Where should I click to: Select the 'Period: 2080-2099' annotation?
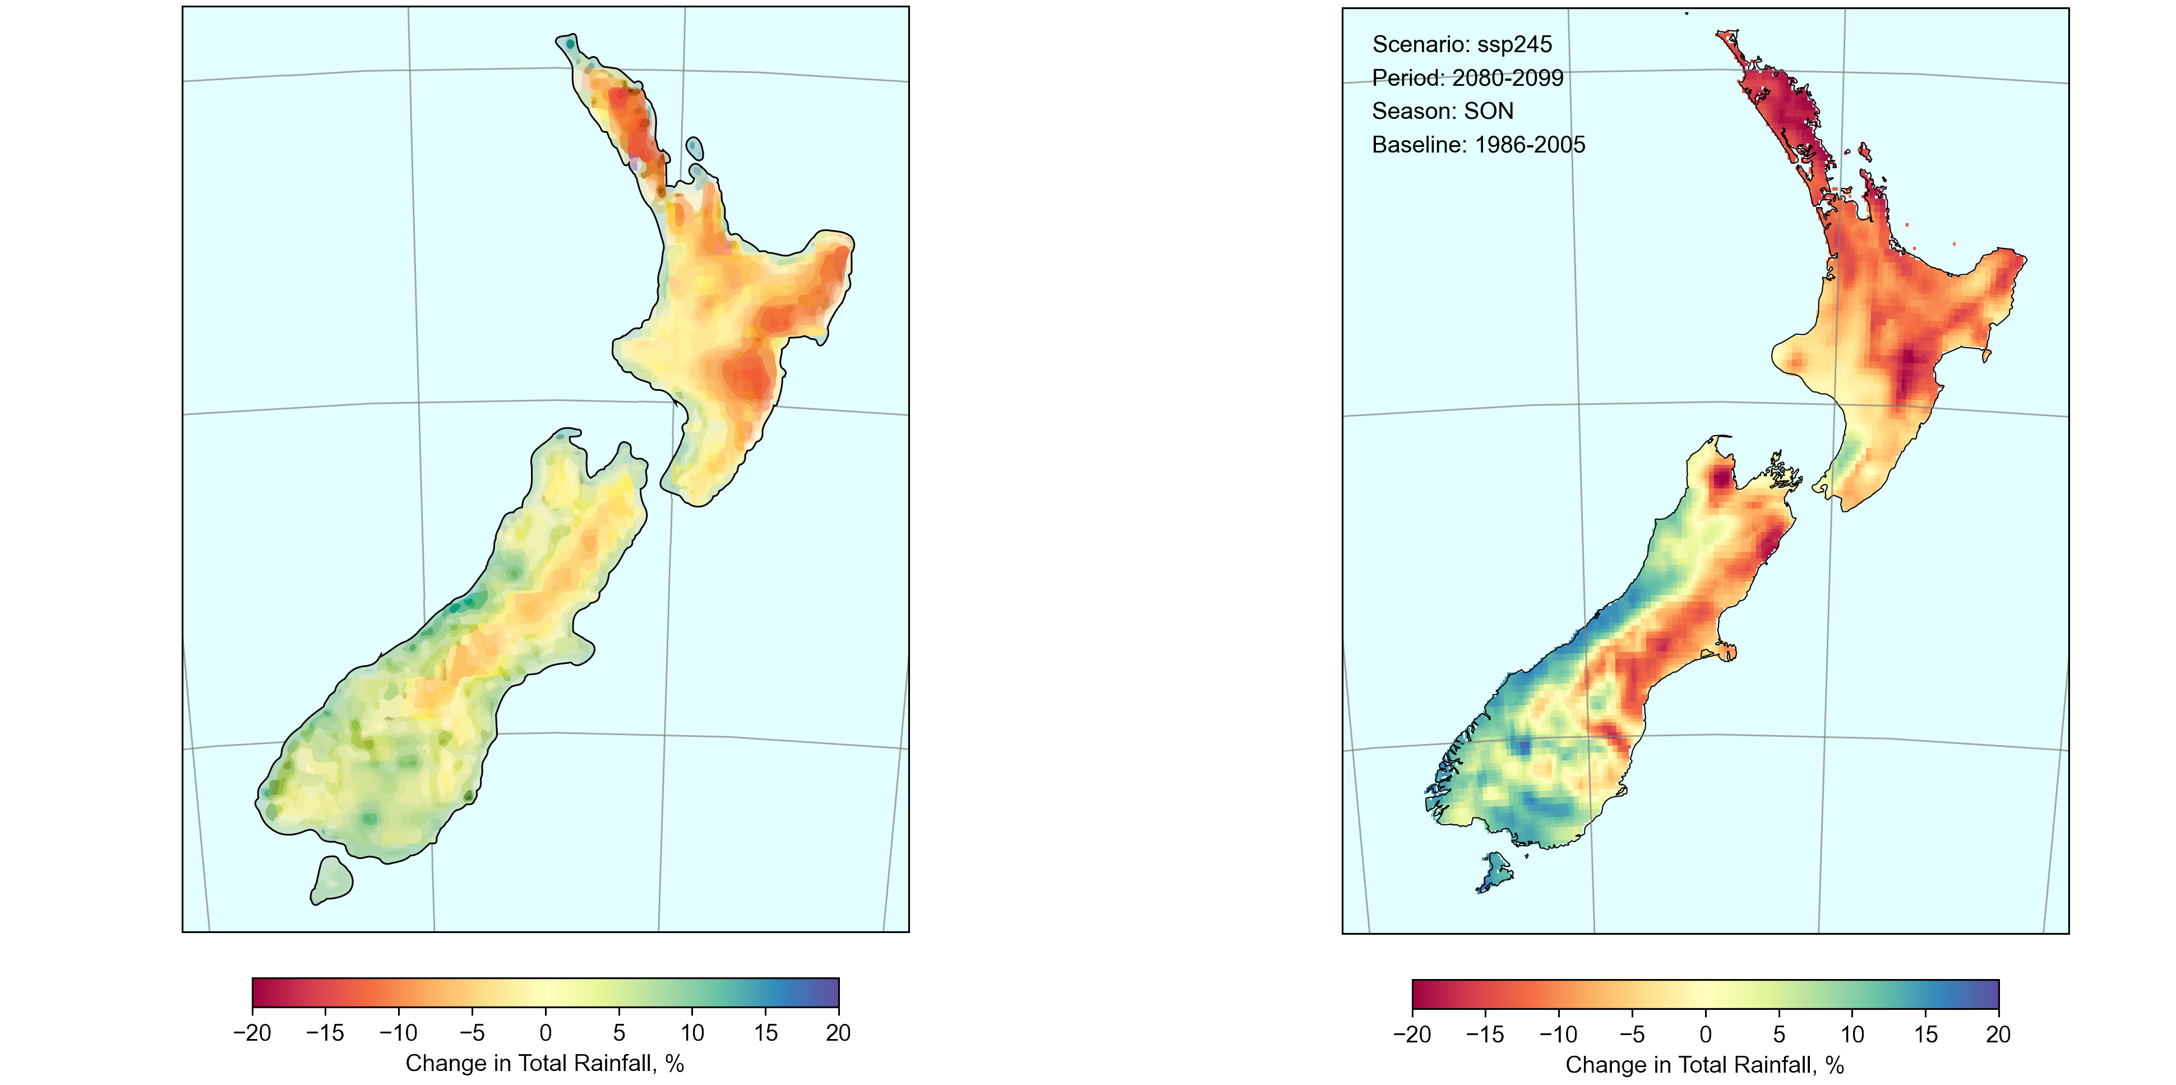(x=1467, y=78)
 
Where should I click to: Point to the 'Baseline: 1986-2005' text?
(x=1479, y=145)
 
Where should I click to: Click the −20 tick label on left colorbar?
(x=252, y=1033)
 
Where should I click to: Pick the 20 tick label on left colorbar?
(x=838, y=1033)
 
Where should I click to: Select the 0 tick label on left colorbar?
(x=546, y=1033)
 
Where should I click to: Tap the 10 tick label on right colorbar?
(x=1851, y=1035)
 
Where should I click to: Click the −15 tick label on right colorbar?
(x=1484, y=1035)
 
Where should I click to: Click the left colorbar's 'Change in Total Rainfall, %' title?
(x=545, y=1063)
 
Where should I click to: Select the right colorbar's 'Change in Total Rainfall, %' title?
(x=1704, y=1065)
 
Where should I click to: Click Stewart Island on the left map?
(x=331, y=880)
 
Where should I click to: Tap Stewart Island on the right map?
(x=1496, y=871)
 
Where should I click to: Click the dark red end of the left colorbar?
(x=258, y=993)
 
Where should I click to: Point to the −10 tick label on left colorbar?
(x=398, y=1033)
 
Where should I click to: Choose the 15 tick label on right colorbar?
(x=1925, y=1035)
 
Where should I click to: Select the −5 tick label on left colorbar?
(x=472, y=1033)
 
